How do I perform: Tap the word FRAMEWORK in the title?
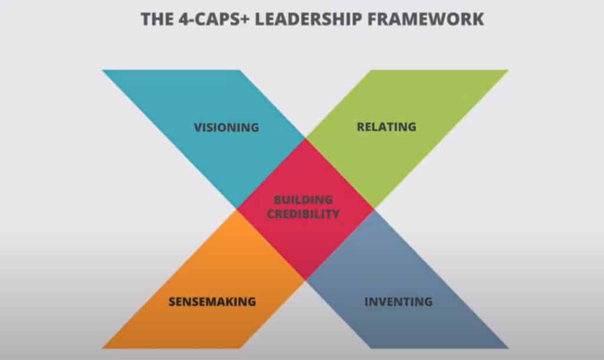coord(426,19)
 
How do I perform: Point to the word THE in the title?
coord(157,19)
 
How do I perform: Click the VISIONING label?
coord(226,127)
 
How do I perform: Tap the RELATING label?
coord(386,127)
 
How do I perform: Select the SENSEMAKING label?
coord(212,302)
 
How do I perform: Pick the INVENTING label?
coord(398,302)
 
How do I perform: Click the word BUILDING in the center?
coord(303,199)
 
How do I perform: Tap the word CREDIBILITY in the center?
coord(303,214)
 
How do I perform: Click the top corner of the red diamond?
coord(306,138)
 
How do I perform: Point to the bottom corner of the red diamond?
coord(306,280)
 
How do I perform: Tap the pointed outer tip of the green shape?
coord(508,70)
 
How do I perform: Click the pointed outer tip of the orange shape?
coord(103,348)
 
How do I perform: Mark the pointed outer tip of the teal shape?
coord(103,70)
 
